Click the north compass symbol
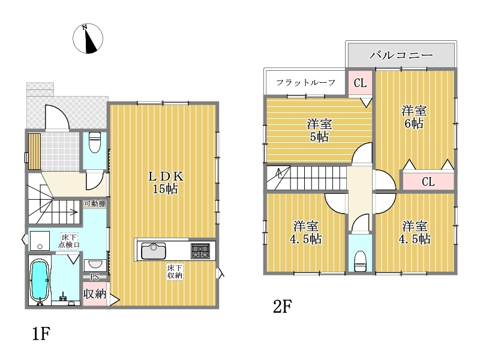tap(88, 38)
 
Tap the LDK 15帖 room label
tap(166, 182)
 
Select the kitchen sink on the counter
tap(154, 251)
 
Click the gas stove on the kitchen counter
tap(200, 251)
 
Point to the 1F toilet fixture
tap(94, 142)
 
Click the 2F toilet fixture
tap(361, 261)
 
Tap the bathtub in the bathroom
tap(40, 278)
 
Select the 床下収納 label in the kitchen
tap(175, 272)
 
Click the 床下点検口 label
tap(70, 241)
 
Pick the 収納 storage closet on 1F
tap(95, 294)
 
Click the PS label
tap(95, 277)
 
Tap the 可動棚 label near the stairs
tap(95, 203)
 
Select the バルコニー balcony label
tap(401, 55)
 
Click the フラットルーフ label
tap(306, 82)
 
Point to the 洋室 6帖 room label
tap(414, 117)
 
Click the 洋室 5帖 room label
tap(319, 130)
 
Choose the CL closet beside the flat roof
tap(360, 83)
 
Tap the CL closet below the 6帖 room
tap(428, 182)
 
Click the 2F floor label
tap(282, 307)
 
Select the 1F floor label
tap(41, 334)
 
